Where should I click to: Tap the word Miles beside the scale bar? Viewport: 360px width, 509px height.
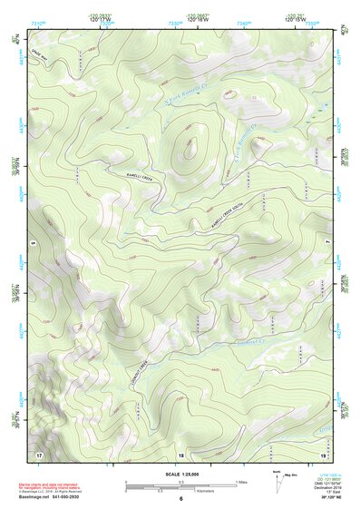[x=243, y=481]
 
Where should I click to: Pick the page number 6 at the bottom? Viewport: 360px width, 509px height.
[x=180, y=500]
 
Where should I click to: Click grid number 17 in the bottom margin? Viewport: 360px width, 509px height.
[x=39, y=453]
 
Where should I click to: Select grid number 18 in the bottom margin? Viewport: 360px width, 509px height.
[x=180, y=454]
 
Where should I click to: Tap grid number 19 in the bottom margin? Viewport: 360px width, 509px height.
[x=321, y=453]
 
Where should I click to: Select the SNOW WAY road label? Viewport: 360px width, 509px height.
[x=41, y=55]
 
